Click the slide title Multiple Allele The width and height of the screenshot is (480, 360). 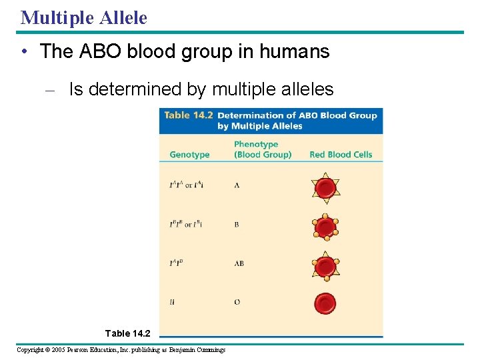click(84, 17)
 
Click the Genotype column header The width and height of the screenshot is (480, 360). click(189, 155)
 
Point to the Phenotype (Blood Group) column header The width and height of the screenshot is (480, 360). click(263, 149)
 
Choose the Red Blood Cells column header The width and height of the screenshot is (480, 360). click(341, 155)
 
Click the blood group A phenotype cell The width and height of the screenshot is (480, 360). click(237, 185)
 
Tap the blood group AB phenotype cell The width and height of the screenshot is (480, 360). click(239, 263)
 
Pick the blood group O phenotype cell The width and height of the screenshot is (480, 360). click(237, 302)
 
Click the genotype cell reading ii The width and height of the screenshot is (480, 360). click(172, 302)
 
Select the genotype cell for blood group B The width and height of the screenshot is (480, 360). click(185, 225)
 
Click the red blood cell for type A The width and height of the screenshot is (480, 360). click(325, 188)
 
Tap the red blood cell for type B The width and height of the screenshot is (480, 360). click(325, 227)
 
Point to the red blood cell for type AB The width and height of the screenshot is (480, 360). click(325, 265)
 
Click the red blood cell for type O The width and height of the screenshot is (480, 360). click(325, 303)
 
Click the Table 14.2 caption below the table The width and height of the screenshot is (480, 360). click(128, 333)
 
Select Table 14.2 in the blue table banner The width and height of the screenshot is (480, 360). click(189, 115)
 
